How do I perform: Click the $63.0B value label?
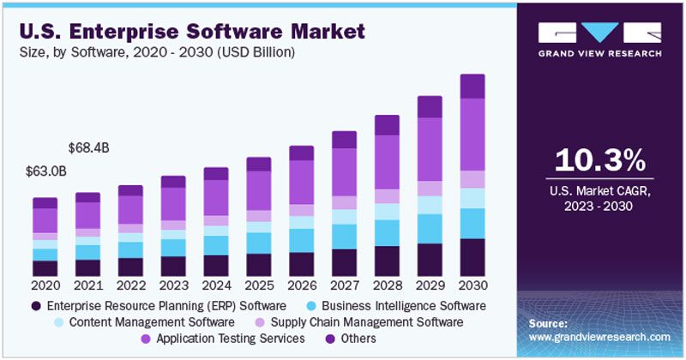tap(46, 171)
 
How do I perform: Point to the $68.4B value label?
tap(89, 148)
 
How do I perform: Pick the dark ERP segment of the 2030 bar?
tap(472, 257)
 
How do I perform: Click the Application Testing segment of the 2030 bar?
tap(472, 135)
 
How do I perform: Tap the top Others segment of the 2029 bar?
tap(430, 106)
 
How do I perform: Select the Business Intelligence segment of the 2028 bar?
tap(387, 232)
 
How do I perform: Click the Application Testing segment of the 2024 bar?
tap(215, 197)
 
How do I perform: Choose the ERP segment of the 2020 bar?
tap(45, 268)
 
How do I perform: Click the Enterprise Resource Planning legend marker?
tap(36, 306)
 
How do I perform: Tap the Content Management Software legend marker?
tap(57, 322)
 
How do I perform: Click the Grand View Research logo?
tap(600, 39)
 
